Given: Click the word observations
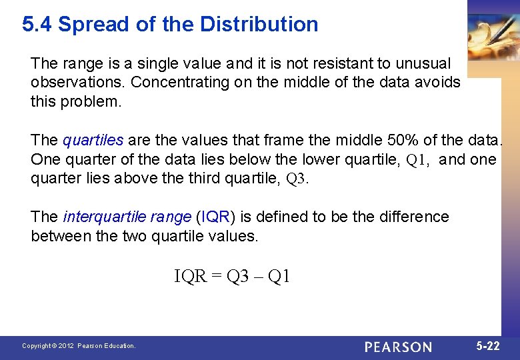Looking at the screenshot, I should (78, 83).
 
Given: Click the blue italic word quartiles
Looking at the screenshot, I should (93, 141).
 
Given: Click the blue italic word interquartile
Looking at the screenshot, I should (104, 217).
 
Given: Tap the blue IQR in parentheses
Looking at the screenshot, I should (215, 217).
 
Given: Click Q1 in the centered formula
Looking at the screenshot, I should (279, 277).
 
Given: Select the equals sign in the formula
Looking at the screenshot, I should (217, 277).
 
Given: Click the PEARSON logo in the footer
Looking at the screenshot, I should (398, 347).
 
